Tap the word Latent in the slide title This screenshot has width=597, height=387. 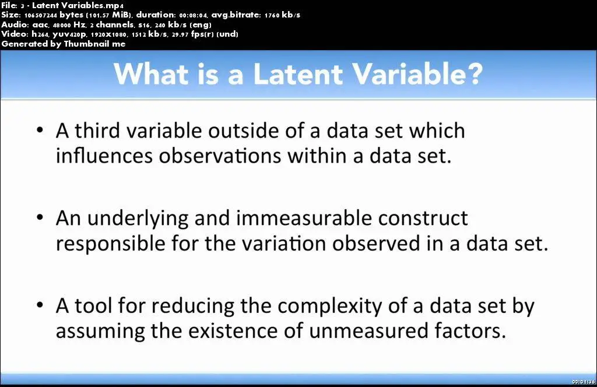pyautogui.click(x=298, y=73)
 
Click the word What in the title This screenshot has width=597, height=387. pyautogui.click(x=151, y=73)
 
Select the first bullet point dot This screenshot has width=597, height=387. pyautogui.click(x=40, y=130)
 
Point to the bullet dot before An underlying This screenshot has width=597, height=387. pyautogui.click(x=40, y=217)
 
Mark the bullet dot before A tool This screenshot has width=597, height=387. pyautogui.click(x=40, y=305)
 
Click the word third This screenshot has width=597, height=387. pyautogui.click(x=97, y=131)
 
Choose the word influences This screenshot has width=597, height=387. pyautogui.click(x=104, y=156)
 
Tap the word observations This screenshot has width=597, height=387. pyautogui.click(x=220, y=156)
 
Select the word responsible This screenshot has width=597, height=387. pyautogui.click(x=110, y=244)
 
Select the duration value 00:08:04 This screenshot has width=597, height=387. pyautogui.click(x=193, y=15)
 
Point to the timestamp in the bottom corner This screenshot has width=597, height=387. pyautogui.click(x=583, y=382)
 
